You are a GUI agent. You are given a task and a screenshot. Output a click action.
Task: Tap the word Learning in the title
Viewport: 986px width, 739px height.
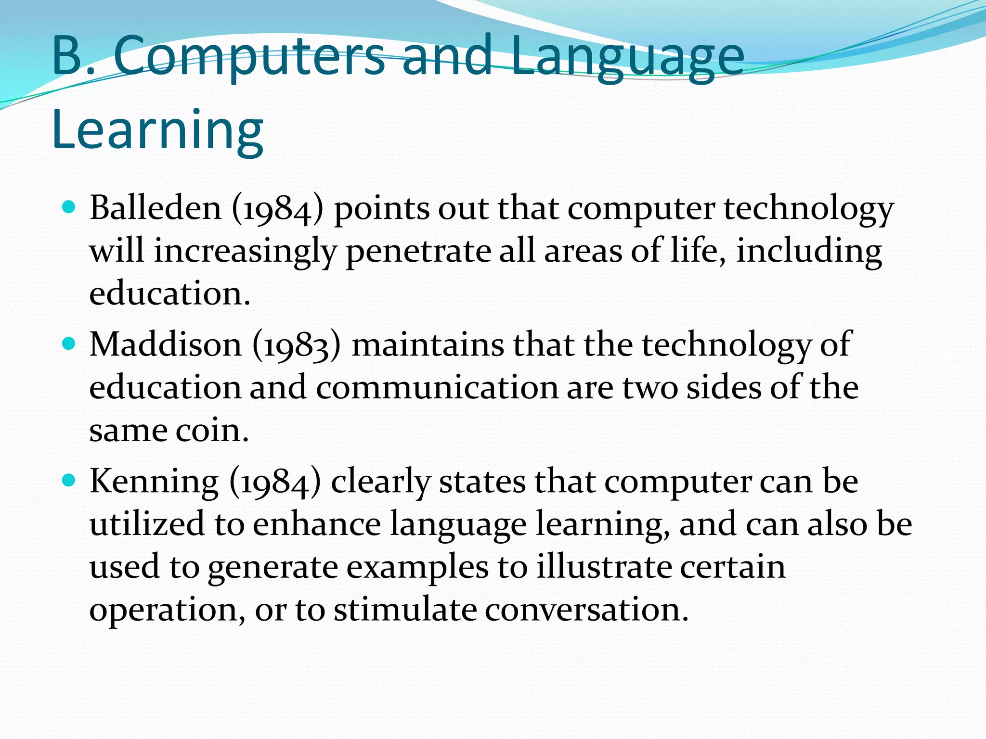tap(157, 130)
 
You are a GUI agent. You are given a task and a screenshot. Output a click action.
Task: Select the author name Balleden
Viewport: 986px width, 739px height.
tap(156, 208)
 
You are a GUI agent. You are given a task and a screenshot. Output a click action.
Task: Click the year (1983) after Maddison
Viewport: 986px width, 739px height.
tap(297, 345)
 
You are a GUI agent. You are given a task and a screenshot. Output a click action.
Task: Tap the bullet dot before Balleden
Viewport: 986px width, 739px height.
tap(70, 207)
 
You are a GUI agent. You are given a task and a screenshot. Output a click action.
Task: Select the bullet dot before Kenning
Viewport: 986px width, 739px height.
tap(70, 480)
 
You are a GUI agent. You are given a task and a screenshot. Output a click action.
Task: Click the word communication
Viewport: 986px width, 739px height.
tap(436, 387)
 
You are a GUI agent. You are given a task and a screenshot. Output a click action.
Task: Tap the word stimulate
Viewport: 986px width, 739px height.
tap(405, 610)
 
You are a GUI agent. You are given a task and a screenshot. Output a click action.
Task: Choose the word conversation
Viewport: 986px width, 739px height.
tap(586, 610)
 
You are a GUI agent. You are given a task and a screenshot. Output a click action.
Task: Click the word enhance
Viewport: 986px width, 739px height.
tap(317, 524)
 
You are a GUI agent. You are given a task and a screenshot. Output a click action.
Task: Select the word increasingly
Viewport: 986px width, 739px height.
tap(245, 251)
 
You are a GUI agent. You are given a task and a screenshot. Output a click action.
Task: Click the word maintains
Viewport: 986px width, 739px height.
tap(428, 345)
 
